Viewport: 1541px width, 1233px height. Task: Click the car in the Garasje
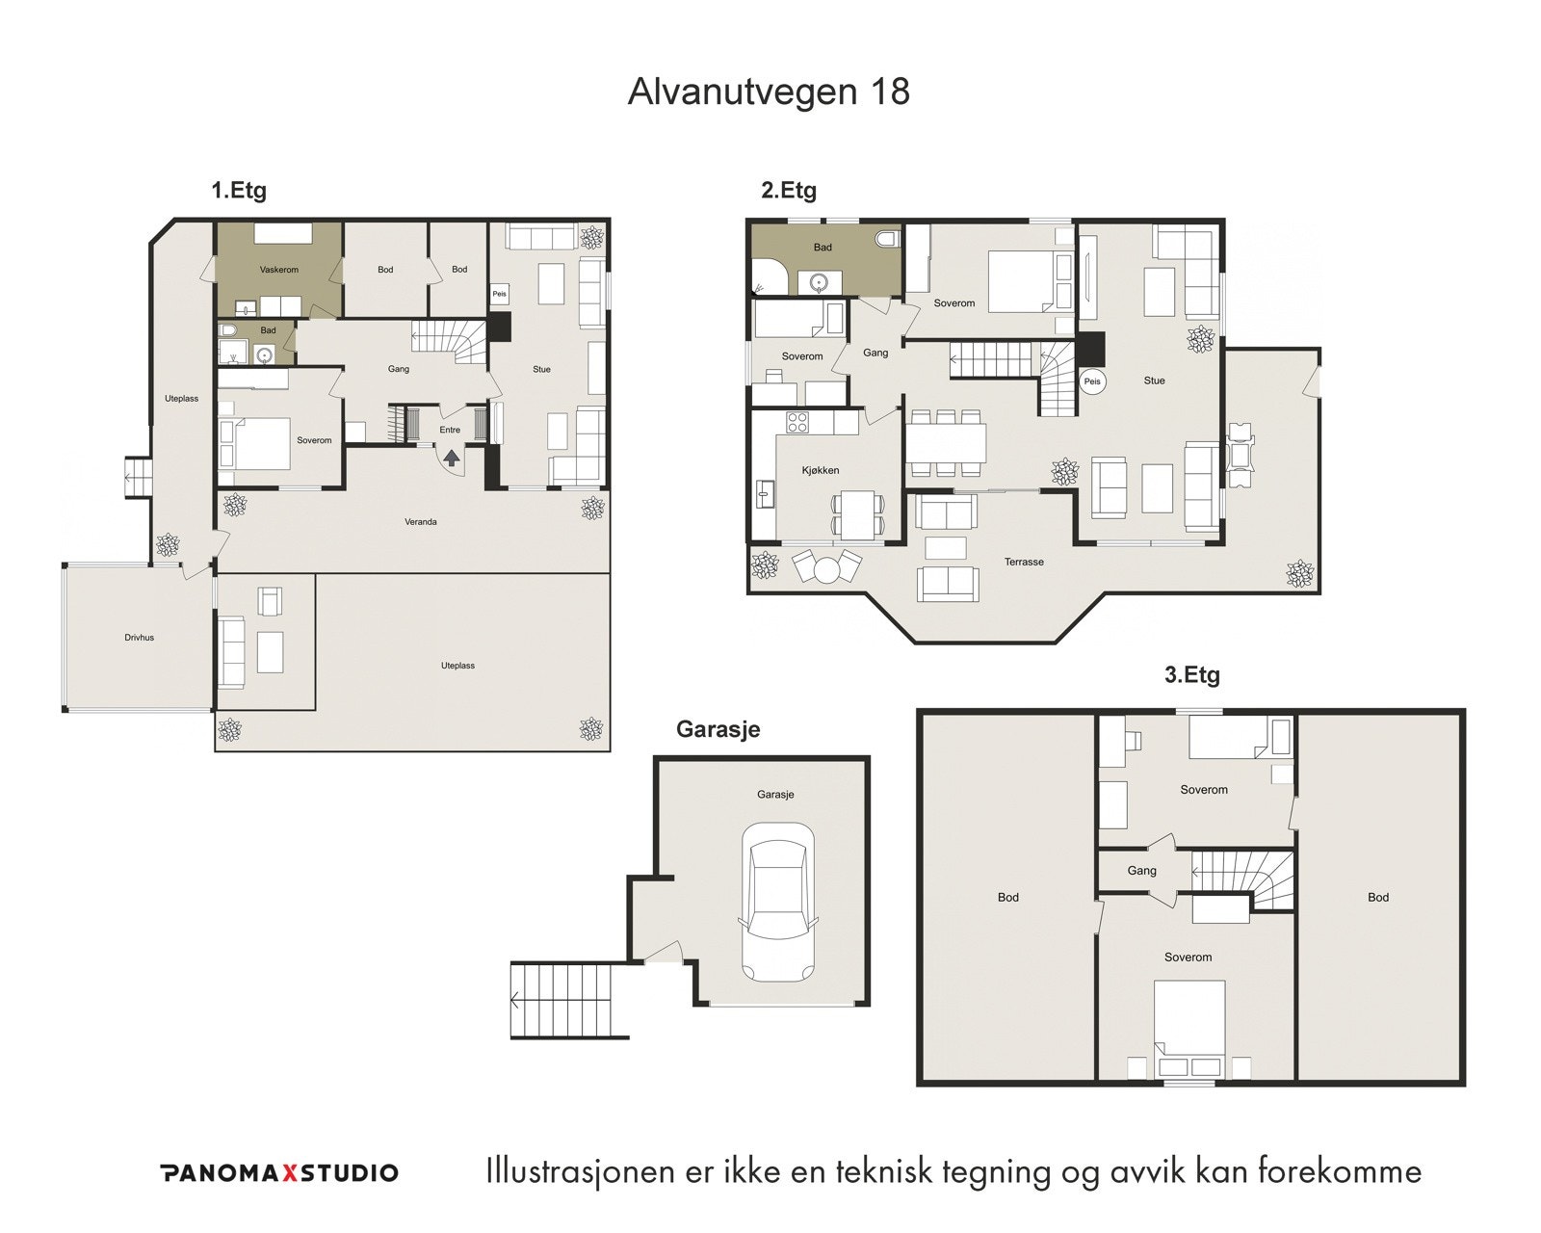778,902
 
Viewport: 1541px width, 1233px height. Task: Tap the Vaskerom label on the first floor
278,270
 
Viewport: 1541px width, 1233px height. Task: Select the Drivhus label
139,638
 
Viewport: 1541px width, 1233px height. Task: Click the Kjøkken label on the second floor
820,471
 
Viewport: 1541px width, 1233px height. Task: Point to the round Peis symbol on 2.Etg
1092,381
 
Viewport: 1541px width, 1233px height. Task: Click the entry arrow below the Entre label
451,458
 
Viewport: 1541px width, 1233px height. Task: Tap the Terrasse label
1023,563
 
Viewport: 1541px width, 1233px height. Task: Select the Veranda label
420,522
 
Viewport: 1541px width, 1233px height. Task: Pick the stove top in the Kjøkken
797,423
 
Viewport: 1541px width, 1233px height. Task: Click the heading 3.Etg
1191,675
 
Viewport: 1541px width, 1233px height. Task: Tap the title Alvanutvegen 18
769,92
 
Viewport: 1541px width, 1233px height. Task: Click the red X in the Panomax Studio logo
288,1173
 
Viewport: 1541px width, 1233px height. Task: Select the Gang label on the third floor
1141,871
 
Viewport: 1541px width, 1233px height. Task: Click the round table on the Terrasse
827,570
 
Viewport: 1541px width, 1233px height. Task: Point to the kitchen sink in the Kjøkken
765,493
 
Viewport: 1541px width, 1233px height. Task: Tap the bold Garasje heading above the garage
718,729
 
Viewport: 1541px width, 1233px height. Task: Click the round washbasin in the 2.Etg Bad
820,284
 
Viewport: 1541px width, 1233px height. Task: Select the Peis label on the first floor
499,294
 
